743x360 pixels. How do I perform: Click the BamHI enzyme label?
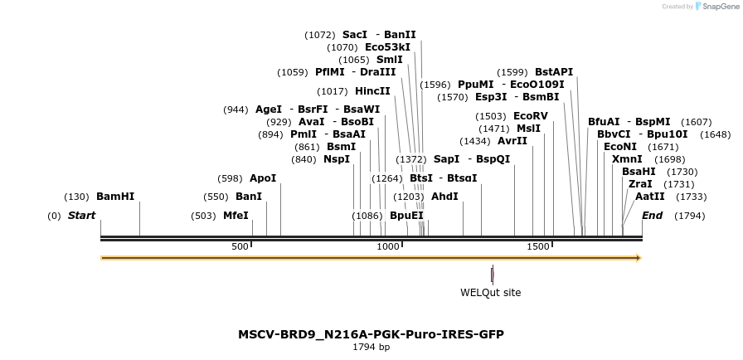(115, 197)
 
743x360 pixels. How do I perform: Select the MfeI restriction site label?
(236, 216)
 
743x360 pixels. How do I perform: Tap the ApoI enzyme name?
(263, 178)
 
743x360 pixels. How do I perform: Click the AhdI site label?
(444, 197)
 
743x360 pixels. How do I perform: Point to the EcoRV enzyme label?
(531, 116)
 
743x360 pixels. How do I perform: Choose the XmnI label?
(627, 159)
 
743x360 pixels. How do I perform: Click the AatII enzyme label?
(650, 197)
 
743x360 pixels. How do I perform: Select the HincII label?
(372, 91)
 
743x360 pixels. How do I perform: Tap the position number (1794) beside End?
(690, 216)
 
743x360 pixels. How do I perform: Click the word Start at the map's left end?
(81, 216)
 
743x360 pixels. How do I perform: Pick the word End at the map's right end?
(653, 216)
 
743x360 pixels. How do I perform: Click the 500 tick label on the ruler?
(240, 246)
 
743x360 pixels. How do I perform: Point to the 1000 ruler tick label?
(388, 246)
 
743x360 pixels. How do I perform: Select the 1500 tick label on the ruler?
(539, 246)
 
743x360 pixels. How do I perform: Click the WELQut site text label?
(491, 292)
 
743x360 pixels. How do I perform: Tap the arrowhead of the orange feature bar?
(639, 258)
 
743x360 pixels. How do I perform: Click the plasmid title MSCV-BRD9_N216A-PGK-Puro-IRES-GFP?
(371, 334)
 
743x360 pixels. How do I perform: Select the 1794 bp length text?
(371, 347)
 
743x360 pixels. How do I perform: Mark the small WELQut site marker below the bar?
(493, 275)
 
